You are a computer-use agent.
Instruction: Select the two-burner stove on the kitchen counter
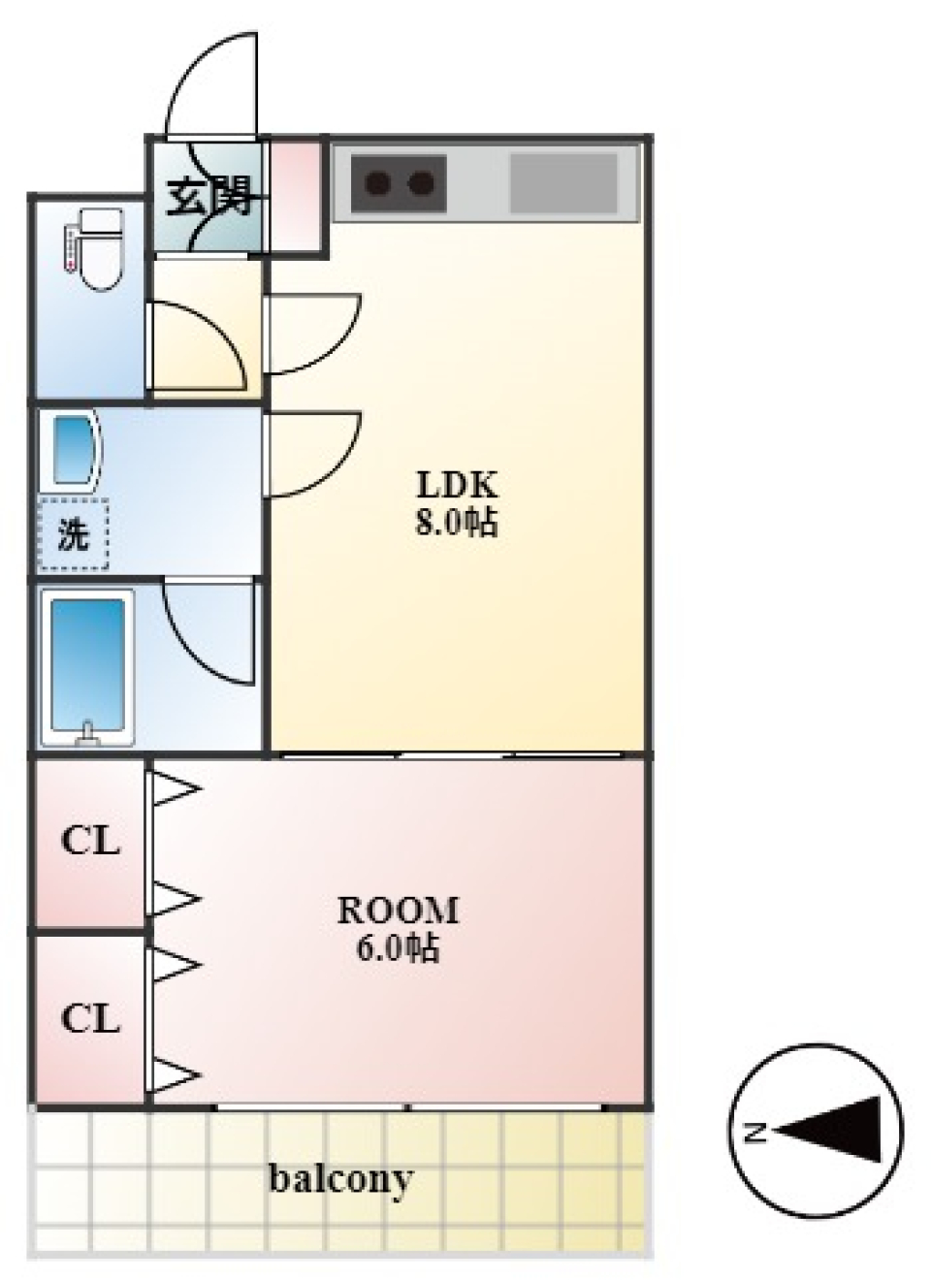tap(398, 182)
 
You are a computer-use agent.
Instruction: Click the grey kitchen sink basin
tap(563, 182)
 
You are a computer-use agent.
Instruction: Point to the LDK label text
tap(457, 483)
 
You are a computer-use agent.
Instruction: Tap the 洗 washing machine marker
tap(73, 534)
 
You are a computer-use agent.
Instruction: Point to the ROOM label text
tap(398, 910)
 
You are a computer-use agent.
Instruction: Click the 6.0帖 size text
tap(398, 947)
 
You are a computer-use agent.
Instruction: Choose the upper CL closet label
tap(90, 841)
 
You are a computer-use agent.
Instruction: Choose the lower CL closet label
tap(90, 1019)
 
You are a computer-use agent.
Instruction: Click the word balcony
tap(340, 1178)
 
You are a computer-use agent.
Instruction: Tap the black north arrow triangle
tap(834, 1130)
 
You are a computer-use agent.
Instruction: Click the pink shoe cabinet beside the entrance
tap(295, 194)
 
